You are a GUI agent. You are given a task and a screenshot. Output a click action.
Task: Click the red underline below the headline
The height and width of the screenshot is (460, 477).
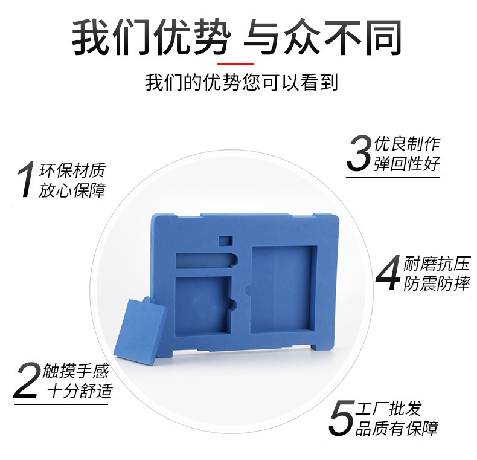[235, 64]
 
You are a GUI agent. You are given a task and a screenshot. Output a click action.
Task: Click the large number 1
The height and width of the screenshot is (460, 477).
[26, 180]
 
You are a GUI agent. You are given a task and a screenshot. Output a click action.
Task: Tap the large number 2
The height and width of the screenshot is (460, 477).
[27, 380]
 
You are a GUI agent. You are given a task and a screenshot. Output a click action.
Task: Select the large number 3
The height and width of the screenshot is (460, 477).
[359, 152]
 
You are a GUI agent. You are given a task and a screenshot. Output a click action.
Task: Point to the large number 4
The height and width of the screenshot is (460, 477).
[388, 273]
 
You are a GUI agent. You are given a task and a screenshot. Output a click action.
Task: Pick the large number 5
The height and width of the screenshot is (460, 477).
[342, 418]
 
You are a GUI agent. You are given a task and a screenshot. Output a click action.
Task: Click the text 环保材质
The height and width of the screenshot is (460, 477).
[72, 170]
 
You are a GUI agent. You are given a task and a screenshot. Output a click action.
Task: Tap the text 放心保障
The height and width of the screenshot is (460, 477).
[71, 190]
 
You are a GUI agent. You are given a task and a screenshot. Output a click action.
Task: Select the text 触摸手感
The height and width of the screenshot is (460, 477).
[75, 371]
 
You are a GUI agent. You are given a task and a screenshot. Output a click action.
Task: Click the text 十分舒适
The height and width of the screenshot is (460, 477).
[80, 391]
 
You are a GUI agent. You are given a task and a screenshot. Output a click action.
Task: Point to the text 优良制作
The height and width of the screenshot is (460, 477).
[407, 143]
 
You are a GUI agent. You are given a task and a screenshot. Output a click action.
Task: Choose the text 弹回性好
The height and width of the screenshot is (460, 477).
[407, 164]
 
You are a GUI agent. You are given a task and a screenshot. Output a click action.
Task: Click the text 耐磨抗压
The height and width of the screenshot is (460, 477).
[437, 264]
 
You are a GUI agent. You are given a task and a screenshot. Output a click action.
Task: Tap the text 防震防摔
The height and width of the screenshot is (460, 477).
[437, 283]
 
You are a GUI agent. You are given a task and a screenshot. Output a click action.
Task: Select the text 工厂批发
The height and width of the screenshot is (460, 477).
[388, 408]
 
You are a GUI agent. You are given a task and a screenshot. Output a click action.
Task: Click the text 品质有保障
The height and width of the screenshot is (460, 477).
[396, 429]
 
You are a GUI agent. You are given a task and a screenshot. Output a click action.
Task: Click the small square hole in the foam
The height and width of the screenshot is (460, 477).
[225, 241]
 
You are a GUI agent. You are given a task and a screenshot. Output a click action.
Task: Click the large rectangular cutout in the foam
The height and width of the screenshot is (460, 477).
[284, 289]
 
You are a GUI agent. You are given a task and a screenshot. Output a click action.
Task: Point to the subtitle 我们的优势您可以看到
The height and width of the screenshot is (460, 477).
[241, 82]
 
